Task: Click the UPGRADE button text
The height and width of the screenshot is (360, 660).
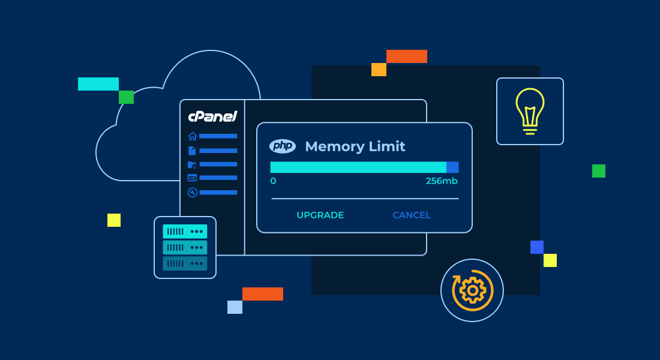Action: click(320, 215)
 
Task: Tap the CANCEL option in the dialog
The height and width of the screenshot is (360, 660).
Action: click(412, 215)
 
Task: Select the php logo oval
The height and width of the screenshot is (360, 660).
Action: click(283, 146)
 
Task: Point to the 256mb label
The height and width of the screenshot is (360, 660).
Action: click(442, 181)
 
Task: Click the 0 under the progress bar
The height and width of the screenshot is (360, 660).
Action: click(273, 181)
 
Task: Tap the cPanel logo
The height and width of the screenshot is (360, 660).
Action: click(212, 116)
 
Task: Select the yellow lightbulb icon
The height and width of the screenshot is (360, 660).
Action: click(530, 110)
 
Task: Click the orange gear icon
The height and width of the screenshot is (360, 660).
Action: click(472, 290)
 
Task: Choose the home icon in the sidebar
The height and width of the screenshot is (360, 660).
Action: click(192, 136)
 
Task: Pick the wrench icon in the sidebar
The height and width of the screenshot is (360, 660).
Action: click(192, 193)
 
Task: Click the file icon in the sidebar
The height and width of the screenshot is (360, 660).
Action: click(192, 151)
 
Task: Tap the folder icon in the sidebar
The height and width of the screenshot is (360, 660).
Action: click(192, 164)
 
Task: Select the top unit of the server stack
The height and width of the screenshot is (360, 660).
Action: click(185, 231)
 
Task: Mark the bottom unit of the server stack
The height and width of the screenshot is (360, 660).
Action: click(185, 263)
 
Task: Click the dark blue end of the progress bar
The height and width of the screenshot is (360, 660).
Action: click(452, 167)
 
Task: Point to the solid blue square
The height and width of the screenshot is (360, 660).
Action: click(537, 247)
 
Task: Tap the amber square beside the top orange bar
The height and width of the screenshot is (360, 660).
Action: click(379, 70)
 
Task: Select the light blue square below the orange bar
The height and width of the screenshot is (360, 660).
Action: click(235, 307)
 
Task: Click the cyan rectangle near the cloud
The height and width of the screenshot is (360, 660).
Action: click(98, 84)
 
